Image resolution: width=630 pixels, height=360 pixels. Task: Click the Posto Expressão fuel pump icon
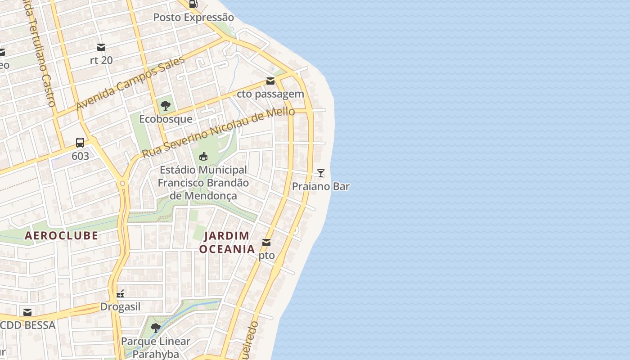193,4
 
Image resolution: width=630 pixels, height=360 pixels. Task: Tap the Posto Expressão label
193,18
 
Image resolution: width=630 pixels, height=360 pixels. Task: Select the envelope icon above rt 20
101,47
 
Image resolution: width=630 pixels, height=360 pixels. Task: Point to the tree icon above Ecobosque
166,106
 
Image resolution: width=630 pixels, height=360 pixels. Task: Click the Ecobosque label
166,119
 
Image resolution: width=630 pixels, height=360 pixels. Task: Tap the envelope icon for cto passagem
270,81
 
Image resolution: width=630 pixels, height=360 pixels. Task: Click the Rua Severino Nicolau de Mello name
218,133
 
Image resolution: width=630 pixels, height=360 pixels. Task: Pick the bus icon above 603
80,143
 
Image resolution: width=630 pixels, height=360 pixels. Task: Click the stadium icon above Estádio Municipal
203,157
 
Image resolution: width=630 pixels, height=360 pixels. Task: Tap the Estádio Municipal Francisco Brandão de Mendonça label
203,183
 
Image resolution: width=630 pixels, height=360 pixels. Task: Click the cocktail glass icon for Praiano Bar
321,173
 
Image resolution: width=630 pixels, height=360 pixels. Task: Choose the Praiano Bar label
321,186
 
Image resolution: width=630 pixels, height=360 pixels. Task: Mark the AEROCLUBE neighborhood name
61,235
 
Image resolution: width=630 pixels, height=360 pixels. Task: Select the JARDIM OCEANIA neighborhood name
227,242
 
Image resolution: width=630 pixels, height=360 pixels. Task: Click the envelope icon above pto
266,243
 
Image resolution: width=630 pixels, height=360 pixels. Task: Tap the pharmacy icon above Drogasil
120,294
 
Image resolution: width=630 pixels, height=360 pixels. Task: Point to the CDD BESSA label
28,325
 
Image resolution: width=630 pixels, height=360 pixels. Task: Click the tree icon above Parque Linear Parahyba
156,328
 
